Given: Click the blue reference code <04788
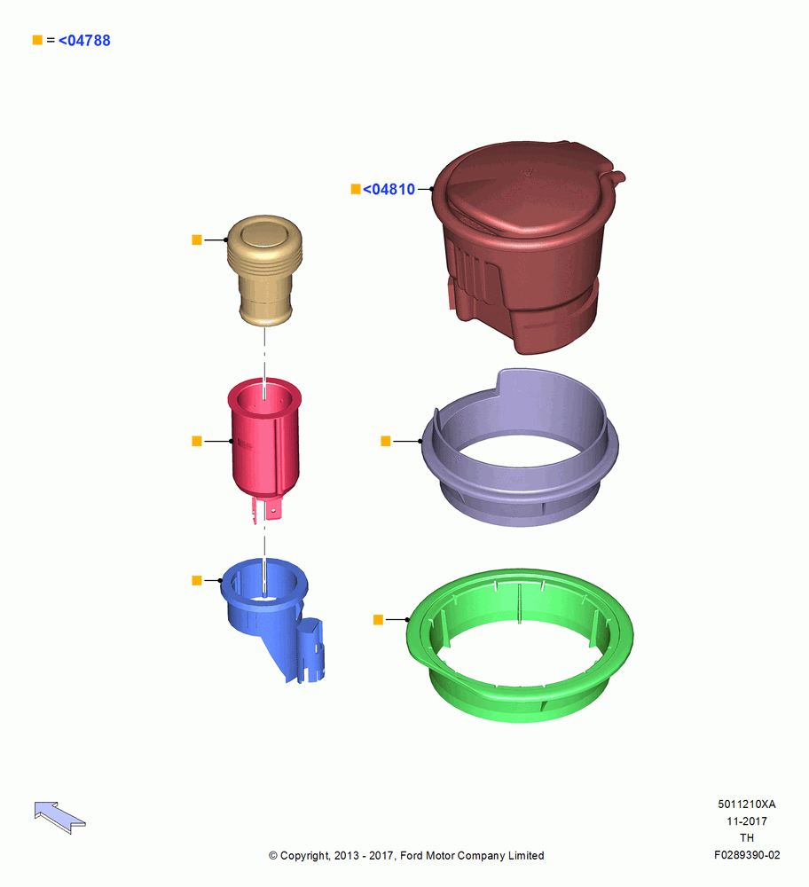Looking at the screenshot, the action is (x=84, y=41).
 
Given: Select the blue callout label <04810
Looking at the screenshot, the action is (x=389, y=190).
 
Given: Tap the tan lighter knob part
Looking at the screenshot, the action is (x=264, y=271).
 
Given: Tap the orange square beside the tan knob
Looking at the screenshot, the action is (x=197, y=239).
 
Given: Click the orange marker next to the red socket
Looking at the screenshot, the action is (x=197, y=441).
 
